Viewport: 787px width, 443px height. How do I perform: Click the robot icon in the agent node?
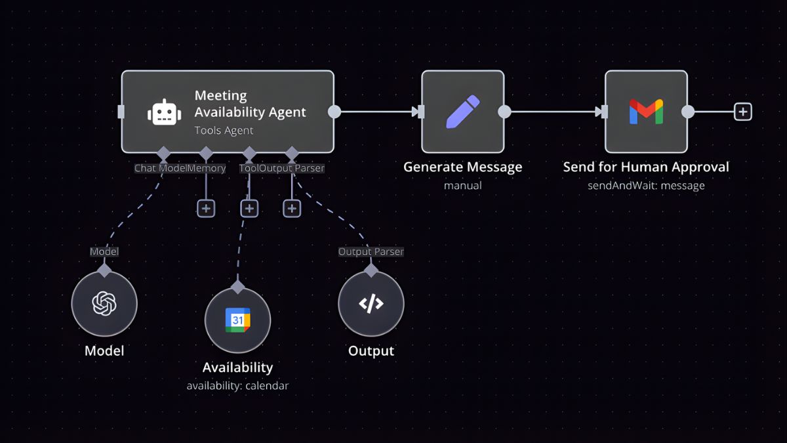[x=163, y=112]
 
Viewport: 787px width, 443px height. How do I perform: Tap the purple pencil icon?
[x=463, y=112]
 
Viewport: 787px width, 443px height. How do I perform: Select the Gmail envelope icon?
[x=646, y=112]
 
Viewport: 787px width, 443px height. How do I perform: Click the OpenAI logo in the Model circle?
[x=104, y=303]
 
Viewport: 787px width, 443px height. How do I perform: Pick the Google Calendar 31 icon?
[x=237, y=320]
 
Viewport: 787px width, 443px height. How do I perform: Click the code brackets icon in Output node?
[x=371, y=303]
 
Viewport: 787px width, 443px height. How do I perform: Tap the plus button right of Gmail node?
[x=742, y=112]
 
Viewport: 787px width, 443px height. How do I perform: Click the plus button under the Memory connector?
[x=206, y=208]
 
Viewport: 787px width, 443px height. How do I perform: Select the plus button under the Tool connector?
[x=249, y=208]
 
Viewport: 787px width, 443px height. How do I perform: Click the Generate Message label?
[x=462, y=167]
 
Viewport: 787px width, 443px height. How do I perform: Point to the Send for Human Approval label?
[x=646, y=167]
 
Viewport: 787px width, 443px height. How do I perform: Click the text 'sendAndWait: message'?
[x=646, y=185]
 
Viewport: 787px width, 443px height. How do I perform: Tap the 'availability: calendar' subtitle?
[x=237, y=385]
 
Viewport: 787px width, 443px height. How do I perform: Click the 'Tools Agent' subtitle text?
[x=224, y=130]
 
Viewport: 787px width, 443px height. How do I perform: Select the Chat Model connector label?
[x=161, y=168]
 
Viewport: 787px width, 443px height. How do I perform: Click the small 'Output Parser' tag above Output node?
[x=371, y=251]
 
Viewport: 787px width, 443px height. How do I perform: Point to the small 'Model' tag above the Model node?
[x=104, y=251]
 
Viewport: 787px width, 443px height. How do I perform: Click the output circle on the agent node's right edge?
[x=334, y=112]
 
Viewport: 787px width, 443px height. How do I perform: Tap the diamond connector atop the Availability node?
[x=237, y=287]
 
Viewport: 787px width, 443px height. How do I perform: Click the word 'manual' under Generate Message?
[x=462, y=185]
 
